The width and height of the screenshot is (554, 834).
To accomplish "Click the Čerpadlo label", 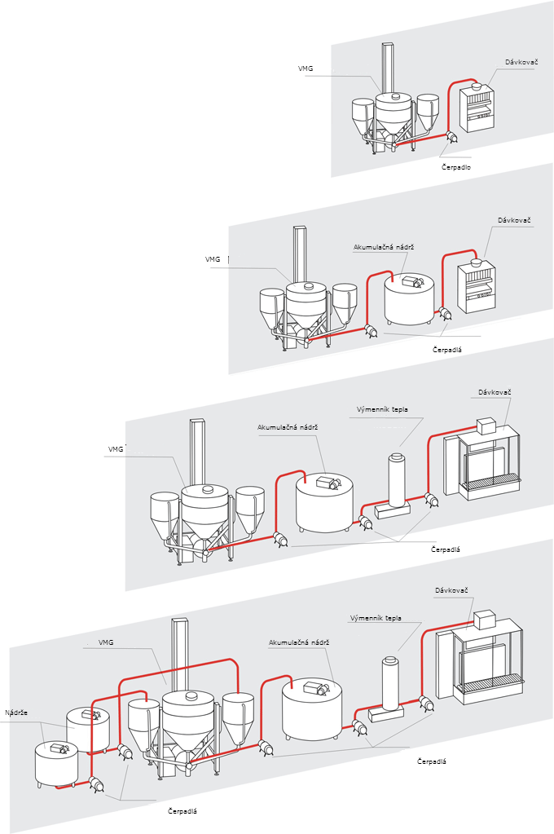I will pos(456,167).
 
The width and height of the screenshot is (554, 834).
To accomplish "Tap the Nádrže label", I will pos(16,713).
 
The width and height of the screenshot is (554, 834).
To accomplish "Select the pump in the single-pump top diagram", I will pos(452,139).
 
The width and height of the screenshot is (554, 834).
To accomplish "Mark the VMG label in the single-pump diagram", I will pos(306,69).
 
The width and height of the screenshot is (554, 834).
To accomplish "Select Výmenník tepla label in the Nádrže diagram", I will pos(376,618).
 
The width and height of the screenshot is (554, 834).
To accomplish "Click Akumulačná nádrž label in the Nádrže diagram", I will pos(298,642).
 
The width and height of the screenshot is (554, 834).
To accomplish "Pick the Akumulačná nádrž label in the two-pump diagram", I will pos(380,246).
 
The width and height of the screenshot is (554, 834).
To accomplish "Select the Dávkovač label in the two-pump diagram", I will pos(514,220).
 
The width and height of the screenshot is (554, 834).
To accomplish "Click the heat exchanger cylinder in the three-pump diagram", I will pos(397,480).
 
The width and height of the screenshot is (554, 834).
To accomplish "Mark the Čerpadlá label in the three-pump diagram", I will pos(446,549).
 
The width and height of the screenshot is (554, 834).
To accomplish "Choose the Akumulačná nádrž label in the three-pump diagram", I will pos(287,426).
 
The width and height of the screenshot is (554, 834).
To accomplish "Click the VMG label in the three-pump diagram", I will pos(116,448).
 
